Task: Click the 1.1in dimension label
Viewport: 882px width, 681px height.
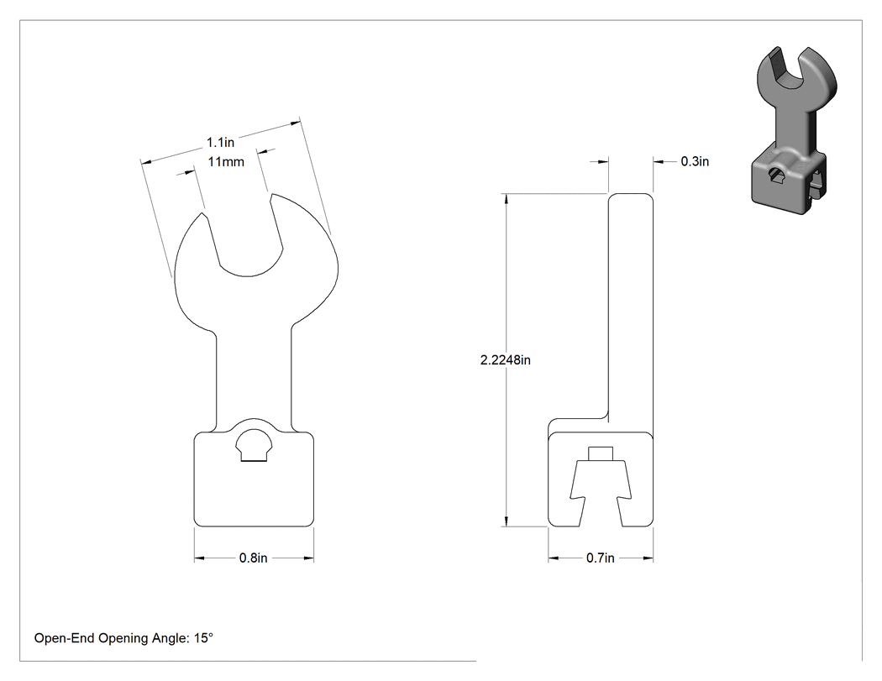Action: coord(220,142)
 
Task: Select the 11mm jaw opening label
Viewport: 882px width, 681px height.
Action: coord(226,162)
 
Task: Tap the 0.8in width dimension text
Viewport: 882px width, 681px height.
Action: coord(253,558)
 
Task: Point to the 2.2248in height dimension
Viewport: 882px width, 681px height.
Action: coord(505,360)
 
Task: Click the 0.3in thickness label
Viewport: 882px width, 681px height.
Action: coord(695,161)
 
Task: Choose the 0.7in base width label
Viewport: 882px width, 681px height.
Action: coord(601,558)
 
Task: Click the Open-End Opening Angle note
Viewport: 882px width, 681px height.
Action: coord(123,638)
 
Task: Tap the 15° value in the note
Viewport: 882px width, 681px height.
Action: coord(203,637)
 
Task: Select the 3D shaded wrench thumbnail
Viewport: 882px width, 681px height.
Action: coord(794,130)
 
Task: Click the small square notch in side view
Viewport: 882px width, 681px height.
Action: coord(601,453)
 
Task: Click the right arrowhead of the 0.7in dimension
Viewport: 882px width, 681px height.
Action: coord(648,558)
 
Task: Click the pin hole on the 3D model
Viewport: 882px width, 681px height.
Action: coord(777,175)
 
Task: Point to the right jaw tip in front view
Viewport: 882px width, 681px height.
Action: coord(272,196)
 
